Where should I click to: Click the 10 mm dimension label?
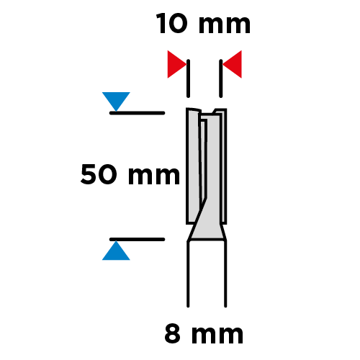203,24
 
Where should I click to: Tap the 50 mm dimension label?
130,174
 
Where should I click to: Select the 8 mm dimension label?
204,334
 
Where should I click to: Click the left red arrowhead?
177,64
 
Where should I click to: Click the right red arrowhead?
232,64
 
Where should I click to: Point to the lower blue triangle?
116,251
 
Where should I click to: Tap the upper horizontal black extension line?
137,113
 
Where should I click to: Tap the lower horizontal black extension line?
137,239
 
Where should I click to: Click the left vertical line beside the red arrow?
188,78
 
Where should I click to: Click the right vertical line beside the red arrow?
221,78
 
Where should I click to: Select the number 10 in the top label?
171,24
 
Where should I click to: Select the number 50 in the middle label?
99,174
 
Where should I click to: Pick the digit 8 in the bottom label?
172,334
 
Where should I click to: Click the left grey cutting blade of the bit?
193,166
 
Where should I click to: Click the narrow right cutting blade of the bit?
223,166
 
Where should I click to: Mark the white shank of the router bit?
207,274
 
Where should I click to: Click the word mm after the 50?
154,176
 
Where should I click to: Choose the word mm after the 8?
217,336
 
